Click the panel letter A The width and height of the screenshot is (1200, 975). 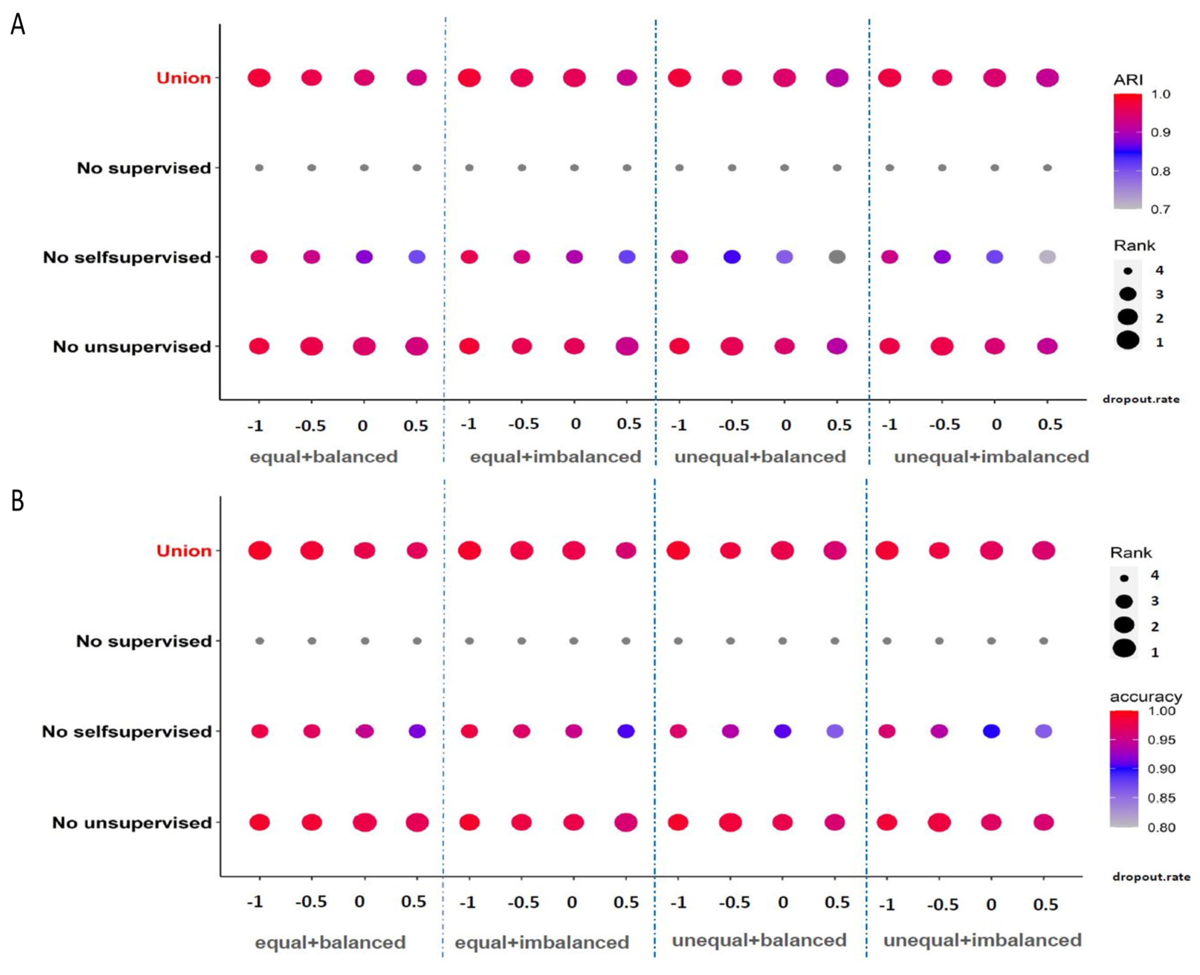[x=18, y=25]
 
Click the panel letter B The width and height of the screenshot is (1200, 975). [x=18, y=500]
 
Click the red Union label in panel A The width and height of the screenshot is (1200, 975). [x=183, y=78]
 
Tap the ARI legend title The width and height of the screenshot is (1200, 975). [x=1127, y=80]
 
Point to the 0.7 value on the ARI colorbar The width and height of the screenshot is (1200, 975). [x=1160, y=209]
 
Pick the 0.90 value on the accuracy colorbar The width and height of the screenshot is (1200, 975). [x=1161, y=769]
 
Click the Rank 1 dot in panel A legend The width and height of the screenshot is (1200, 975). [x=1127, y=340]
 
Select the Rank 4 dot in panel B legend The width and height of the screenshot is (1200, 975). [x=1124, y=578]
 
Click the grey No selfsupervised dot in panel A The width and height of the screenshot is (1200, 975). [x=837, y=257]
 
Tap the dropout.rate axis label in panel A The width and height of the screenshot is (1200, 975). [x=1141, y=399]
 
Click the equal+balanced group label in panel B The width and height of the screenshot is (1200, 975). [x=330, y=942]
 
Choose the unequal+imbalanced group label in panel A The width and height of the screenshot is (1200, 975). [x=991, y=457]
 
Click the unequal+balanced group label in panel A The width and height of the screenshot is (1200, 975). [x=760, y=457]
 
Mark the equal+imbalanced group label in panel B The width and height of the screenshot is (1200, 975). [x=541, y=942]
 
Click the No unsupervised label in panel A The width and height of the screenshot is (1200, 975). [x=131, y=347]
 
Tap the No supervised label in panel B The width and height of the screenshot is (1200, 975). [x=144, y=641]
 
